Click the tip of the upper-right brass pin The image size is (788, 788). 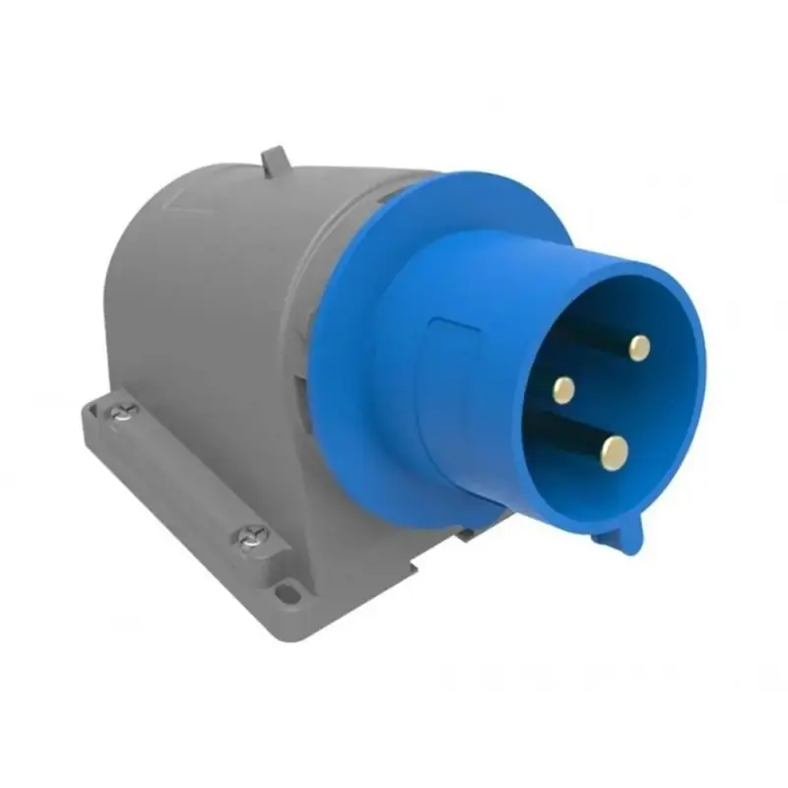(639, 347)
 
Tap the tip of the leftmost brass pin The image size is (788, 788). (563, 390)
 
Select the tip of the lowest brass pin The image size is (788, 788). (615, 453)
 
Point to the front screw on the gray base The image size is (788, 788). (250, 537)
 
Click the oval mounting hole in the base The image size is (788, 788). (287, 593)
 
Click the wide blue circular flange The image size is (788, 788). (345, 325)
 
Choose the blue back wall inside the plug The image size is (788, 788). (591, 394)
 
